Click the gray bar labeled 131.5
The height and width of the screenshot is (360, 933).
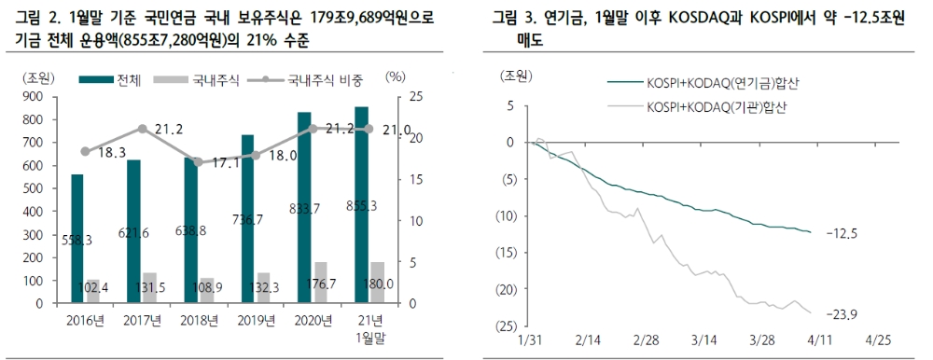point(148,288)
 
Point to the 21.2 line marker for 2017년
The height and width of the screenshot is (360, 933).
point(142,129)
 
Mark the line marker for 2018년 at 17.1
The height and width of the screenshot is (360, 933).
point(198,162)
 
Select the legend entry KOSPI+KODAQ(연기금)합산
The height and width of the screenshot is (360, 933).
point(715,84)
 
